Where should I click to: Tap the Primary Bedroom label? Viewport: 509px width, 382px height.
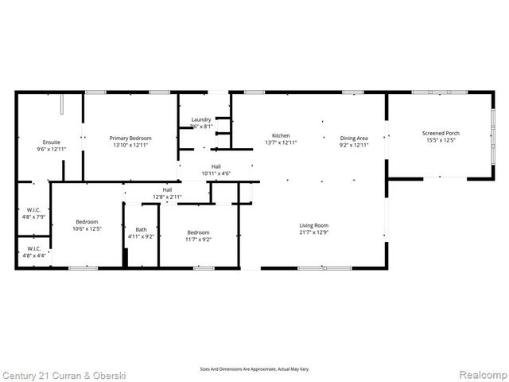click(x=130, y=138)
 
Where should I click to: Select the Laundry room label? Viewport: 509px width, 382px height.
click(x=201, y=119)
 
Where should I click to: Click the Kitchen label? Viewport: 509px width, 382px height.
click(x=281, y=135)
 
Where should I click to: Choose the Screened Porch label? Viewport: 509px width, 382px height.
click(x=441, y=133)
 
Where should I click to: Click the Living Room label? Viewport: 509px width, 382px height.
click(x=314, y=225)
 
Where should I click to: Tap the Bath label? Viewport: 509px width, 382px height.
click(x=141, y=229)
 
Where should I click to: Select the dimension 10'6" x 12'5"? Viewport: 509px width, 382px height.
click(x=87, y=228)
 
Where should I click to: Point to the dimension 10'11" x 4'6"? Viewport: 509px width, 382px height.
click(x=216, y=173)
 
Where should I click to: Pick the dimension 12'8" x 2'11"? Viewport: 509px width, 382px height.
click(x=168, y=197)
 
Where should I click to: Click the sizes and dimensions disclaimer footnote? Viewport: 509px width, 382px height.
click(x=254, y=368)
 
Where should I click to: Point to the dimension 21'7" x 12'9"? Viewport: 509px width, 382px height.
click(x=314, y=232)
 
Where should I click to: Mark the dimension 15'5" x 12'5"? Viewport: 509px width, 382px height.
click(x=441, y=141)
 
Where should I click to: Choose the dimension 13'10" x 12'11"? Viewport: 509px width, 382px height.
click(x=130, y=145)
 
